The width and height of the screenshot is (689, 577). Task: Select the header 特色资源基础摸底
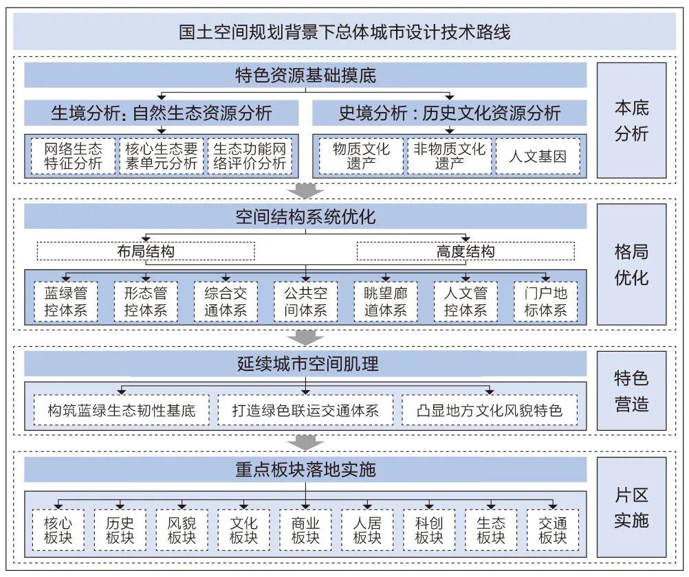point(305,75)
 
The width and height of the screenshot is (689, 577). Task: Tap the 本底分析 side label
point(631,121)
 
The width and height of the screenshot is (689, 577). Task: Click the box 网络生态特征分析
point(73,156)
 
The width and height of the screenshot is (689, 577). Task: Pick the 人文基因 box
point(538,156)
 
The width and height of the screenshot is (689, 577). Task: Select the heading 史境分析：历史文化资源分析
point(450,113)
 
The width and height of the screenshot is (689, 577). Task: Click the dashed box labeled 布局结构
point(146,251)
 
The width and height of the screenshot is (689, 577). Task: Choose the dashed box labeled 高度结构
point(465,251)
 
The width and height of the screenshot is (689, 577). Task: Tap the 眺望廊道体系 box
point(385,302)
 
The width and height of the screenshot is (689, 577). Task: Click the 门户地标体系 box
point(545,302)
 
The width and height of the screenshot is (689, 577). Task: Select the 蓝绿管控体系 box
point(66,302)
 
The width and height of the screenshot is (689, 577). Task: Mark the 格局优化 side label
point(631,264)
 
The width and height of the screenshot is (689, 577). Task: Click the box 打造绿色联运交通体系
point(305,411)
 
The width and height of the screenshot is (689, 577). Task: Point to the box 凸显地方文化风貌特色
point(489,411)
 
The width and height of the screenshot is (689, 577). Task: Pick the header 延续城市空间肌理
point(305,363)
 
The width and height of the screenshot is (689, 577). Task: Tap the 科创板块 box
point(428,530)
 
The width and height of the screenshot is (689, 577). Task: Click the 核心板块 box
point(58,530)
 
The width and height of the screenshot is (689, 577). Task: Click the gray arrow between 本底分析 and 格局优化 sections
point(305,190)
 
